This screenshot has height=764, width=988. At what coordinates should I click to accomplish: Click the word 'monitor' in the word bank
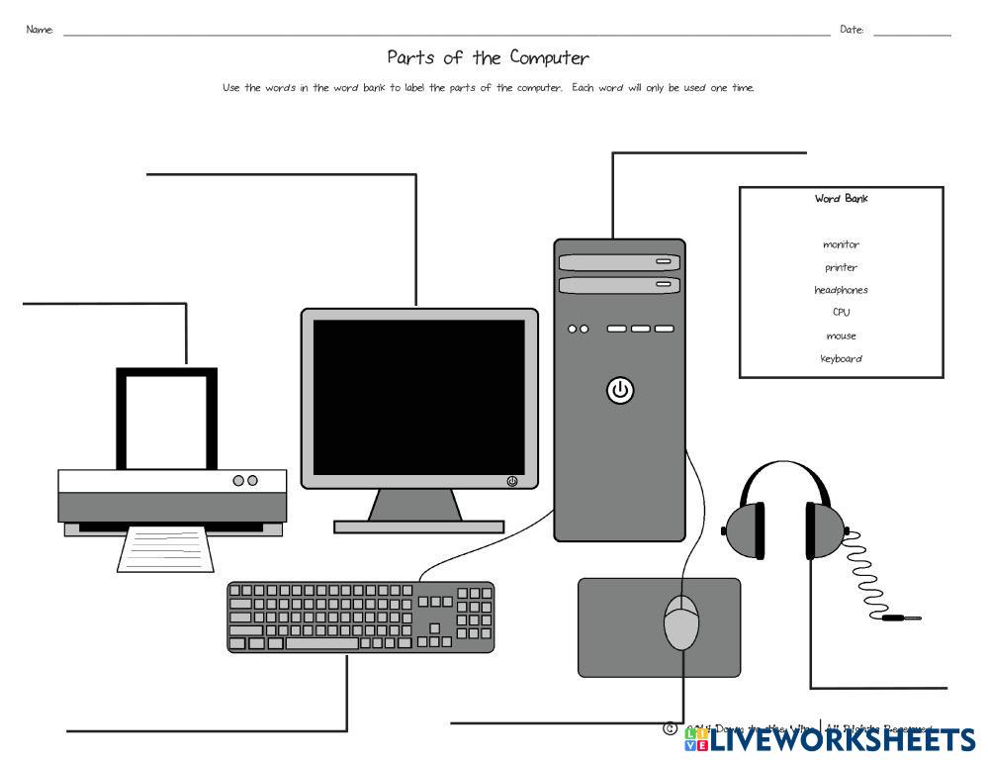point(841,244)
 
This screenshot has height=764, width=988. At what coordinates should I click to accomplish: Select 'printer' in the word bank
point(841,267)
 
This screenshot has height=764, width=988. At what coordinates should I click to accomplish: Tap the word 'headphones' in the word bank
point(841,290)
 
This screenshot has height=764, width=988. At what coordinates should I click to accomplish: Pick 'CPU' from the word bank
point(841,312)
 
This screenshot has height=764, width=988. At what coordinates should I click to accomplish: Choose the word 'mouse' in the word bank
point(841,335)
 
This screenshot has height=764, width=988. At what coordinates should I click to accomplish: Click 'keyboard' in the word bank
point(841,358)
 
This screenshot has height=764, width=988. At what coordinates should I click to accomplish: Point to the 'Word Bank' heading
point(841,198)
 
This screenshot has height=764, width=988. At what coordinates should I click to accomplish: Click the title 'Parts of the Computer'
point(488,57)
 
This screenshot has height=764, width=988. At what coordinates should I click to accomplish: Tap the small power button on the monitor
point(511,481)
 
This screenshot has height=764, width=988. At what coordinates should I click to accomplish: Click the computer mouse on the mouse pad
point(680,621)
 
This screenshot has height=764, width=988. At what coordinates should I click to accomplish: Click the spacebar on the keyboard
point(321,643)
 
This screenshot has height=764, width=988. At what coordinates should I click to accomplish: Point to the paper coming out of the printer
point(165,548)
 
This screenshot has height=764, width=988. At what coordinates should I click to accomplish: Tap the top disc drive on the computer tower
point(619,262)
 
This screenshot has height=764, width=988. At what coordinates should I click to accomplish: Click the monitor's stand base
point(418,526)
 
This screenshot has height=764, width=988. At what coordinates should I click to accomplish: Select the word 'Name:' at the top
point(40,30)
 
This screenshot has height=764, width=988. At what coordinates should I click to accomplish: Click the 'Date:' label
point(852,30)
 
